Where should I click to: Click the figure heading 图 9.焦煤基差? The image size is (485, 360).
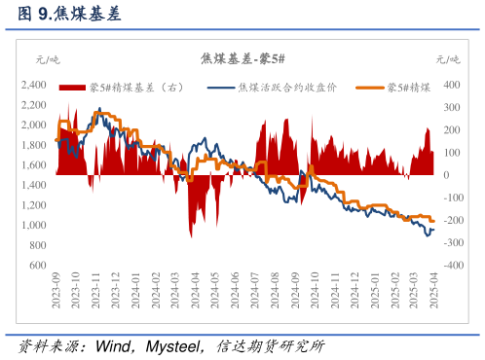[71, 14]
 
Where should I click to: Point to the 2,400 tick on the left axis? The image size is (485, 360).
[33, 85]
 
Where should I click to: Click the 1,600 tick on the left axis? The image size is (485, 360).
[33, 164]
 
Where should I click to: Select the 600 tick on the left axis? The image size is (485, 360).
[37, 265]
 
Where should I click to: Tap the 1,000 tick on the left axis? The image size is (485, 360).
[33, 225]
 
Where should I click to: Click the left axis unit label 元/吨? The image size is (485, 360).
[47, 60]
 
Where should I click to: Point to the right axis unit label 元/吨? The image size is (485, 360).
[448, 60]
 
